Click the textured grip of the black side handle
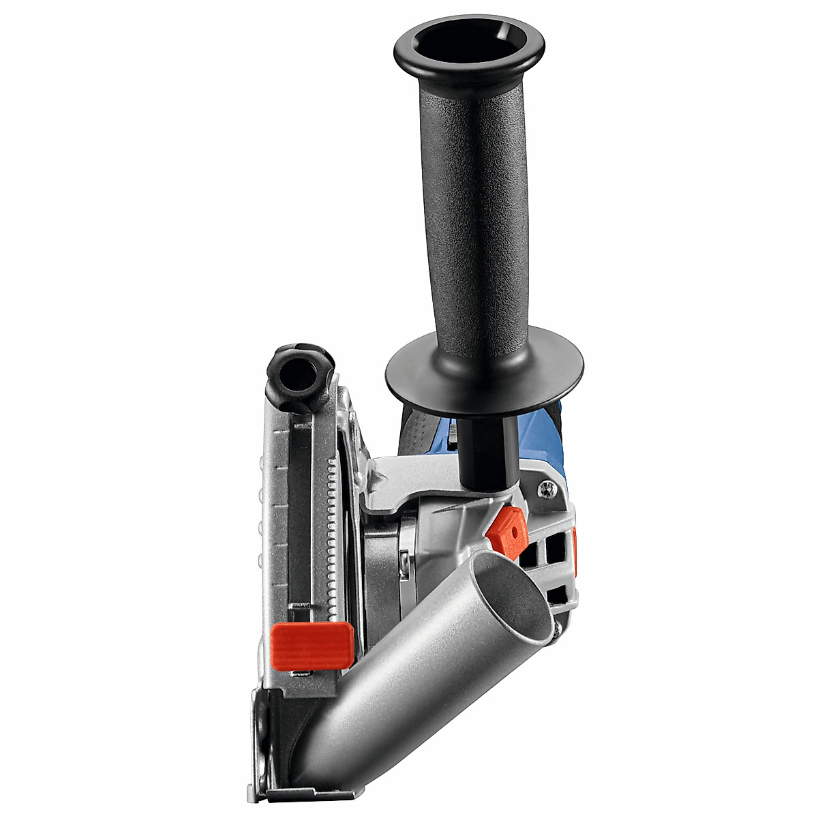pyautogui.click(x=470, y=204)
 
